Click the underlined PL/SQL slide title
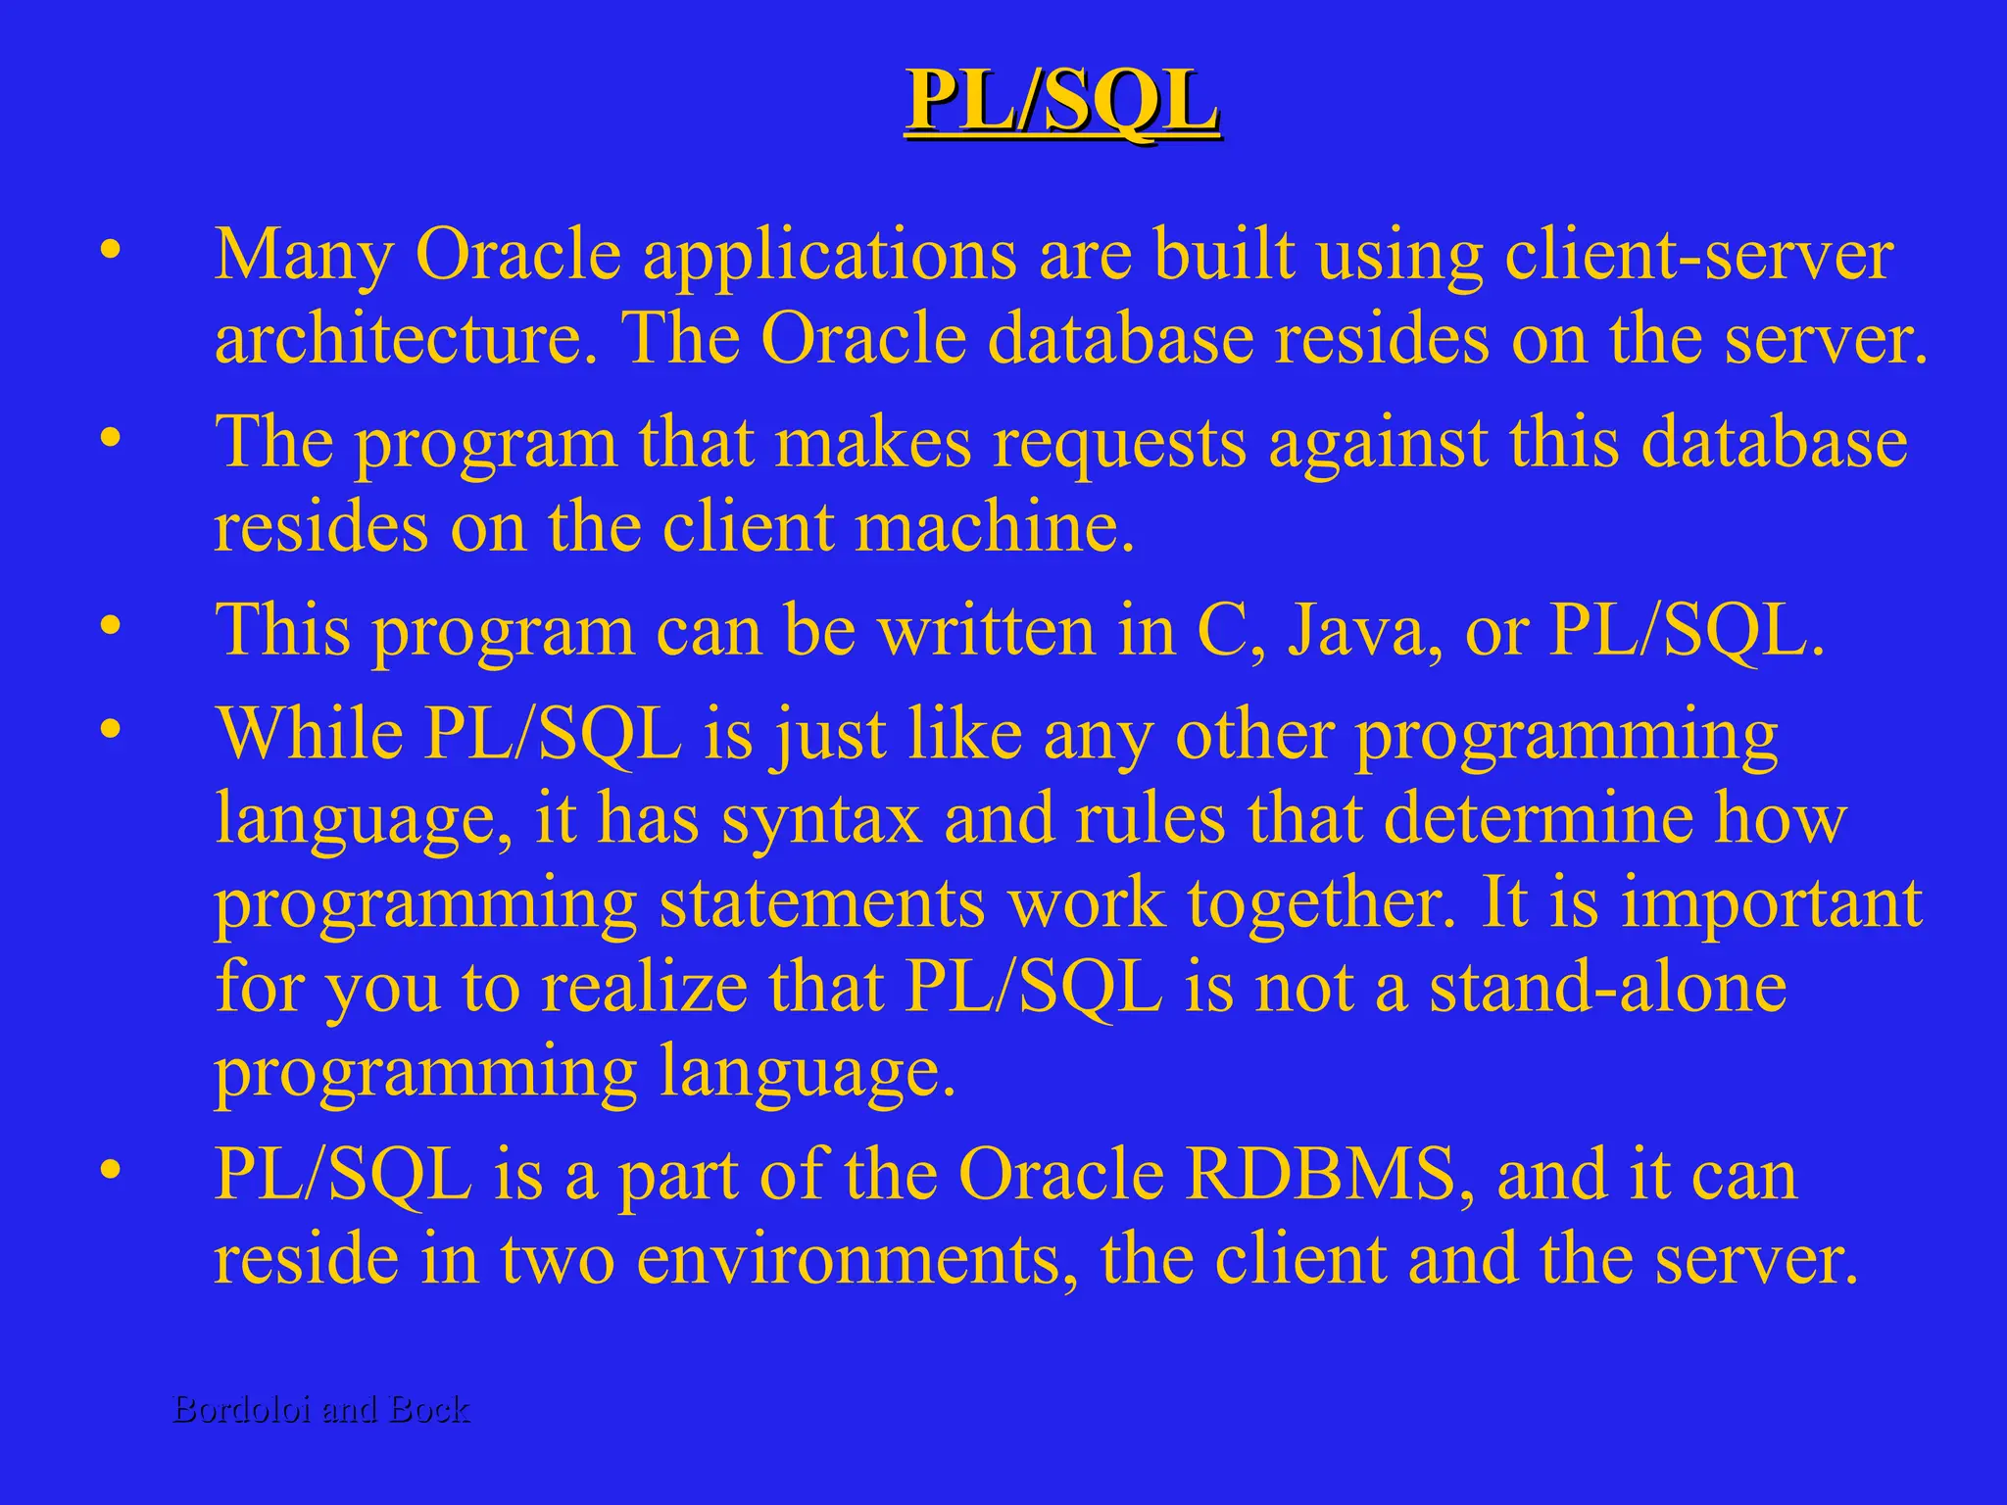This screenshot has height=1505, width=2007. pos(1062,101)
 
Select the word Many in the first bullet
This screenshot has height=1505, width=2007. pos(303,255)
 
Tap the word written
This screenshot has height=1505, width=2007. pos(986,631)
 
